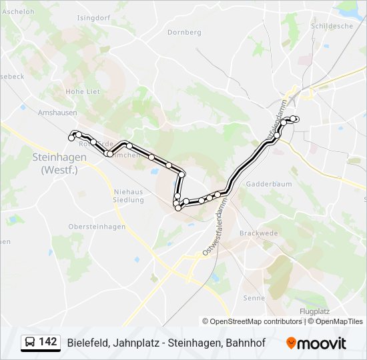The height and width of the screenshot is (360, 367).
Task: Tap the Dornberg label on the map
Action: pyautogui.click(x=184, y=32)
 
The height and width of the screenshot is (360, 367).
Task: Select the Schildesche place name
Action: pyautogui.click(x=331, y=26)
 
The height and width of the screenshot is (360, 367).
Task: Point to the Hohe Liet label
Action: pyautogui.click(x=83, y=91)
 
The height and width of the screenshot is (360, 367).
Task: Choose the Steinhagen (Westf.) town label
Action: pyautogui.click(x=59, y=163)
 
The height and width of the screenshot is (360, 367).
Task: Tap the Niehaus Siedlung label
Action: pyautogui.click(x=124, y=196)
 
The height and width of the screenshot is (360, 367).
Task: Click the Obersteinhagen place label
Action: pyautogui.click(x=97, y=227)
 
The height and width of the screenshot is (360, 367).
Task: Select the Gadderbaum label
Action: pyautogui.click(x=266, y=183)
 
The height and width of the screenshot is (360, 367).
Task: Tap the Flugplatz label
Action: pyautogui.click(x=315, y=311)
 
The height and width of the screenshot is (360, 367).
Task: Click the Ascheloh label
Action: pyautogui.click(x=18, y=13)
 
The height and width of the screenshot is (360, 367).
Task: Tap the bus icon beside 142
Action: pyautogui.click(x=30, y=343)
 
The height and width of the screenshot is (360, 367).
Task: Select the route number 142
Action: pyautogui.click(x=47, y=342)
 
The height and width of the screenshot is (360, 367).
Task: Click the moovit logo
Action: pyautogui.click(x=316, y=343)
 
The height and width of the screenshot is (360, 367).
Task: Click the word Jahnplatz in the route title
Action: pyautogui.click(x=128, y=343)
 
